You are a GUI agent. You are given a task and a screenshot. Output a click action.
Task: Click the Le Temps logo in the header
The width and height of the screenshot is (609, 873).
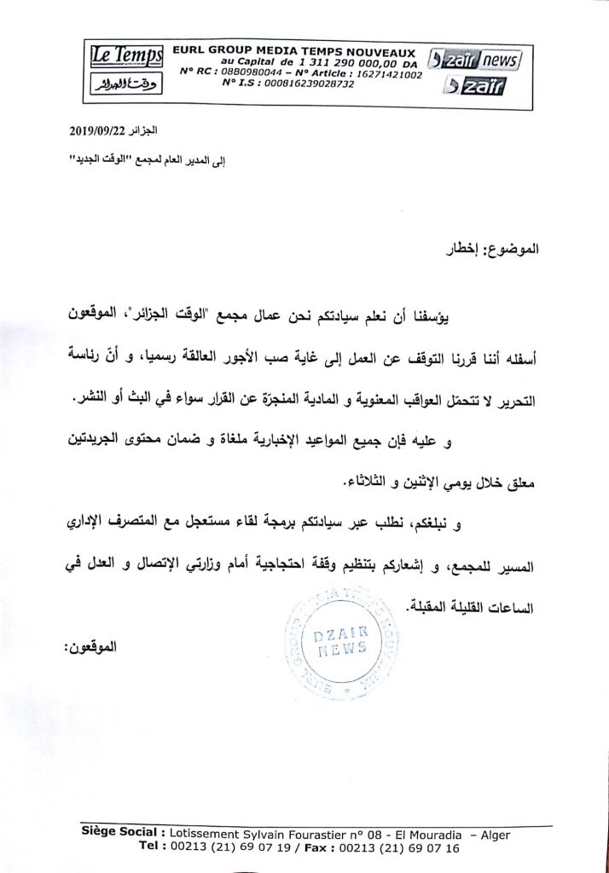127,56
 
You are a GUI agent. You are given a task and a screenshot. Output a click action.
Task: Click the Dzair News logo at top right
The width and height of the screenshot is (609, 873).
476,61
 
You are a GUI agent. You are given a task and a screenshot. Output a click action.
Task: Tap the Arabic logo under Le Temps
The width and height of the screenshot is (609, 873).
126,86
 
